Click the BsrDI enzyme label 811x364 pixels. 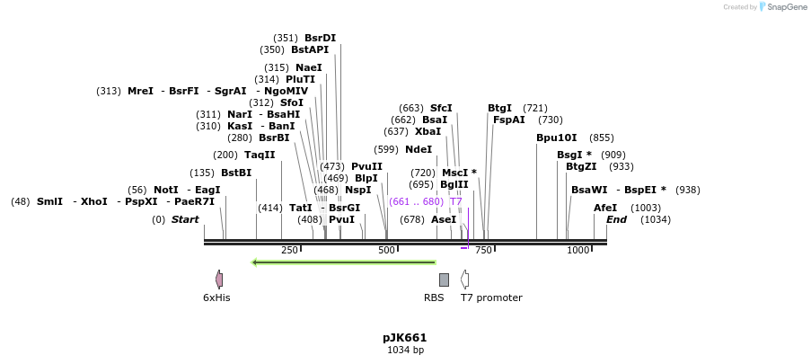(x=320, y=38)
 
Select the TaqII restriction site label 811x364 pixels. (x=260, y=155)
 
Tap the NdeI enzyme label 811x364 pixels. (x=419, y=149)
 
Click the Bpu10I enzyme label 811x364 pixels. (x=556, y=138)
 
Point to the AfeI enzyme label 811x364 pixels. (x=605, y=208)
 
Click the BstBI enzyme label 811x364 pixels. (x=236, y=173)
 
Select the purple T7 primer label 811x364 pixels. (x=455, y=201)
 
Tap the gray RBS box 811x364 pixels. (x=444, y=280)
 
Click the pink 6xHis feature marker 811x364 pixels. (x=218, y=280)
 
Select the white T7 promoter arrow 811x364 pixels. (x=464, y=280)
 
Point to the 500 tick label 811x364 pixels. (x=387, y=250)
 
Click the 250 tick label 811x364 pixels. (x=289, y=250)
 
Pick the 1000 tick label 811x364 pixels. (x=577, y=250)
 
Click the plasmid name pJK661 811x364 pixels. (x=404, y=338)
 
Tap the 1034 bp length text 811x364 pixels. (x=404, y=350)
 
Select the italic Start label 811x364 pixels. (x=185, y=219)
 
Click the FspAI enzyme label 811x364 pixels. (x=508, y=120)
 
